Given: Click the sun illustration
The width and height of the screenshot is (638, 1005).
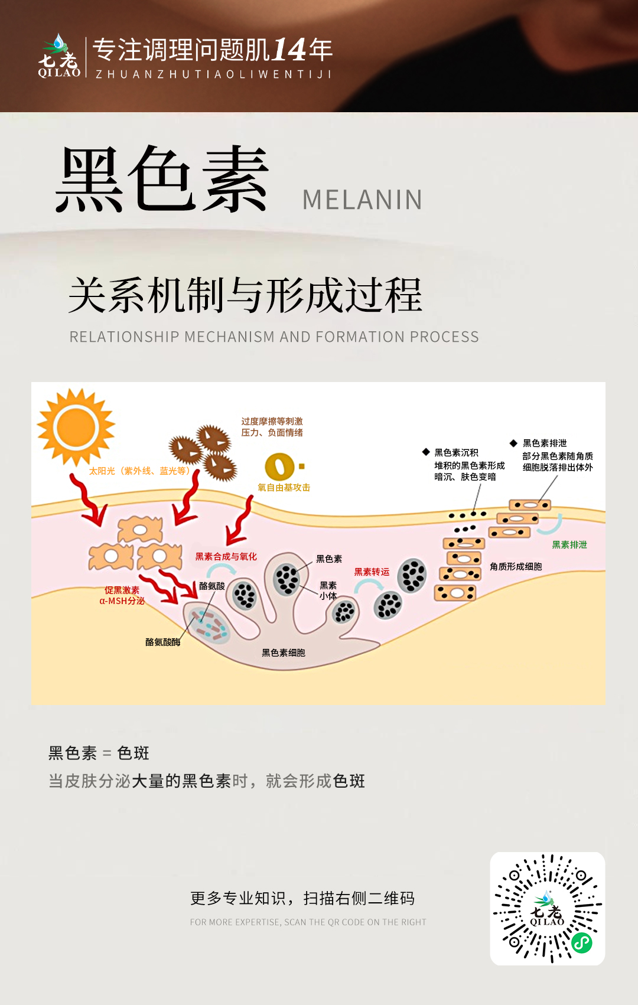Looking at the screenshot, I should [x=76, y=427].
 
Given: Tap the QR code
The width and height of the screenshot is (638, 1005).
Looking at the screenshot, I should [x=548, y=908].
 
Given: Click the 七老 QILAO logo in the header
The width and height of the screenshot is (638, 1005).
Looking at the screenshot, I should [x=59, y=57].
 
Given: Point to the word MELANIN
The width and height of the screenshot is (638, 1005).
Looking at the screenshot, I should [x=362, y=200].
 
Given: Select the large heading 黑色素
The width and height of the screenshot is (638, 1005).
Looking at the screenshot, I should [x=162, y=179].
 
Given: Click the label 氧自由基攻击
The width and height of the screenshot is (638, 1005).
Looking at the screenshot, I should [x=284, y=488].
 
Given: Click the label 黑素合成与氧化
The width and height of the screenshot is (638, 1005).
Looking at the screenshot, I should [x=226, y=557].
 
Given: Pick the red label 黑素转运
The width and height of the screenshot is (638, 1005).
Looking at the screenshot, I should [x=372, y=572].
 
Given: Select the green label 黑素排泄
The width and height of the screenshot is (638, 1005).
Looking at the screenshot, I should [x=569, y=545].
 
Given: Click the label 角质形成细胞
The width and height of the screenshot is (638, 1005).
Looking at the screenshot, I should [x=516, y=567].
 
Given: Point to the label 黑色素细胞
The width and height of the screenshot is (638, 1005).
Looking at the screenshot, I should [x=284, y=652].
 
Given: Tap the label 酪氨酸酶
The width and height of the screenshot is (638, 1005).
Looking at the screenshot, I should [x=163, y=642].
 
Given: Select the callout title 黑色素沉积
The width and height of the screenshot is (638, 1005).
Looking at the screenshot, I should [x=456, y=453].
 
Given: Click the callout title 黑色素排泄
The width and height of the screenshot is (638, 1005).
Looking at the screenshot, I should [x=545, y=443].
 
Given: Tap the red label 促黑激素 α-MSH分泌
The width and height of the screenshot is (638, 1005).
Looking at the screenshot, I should [x=122, y=595].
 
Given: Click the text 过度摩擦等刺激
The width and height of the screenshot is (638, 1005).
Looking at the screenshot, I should [x=272, y=422].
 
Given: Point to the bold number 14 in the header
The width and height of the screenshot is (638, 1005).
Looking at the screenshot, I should [x=289, y=50].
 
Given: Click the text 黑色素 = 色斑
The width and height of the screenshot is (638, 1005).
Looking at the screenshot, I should [x=99, y=753].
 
